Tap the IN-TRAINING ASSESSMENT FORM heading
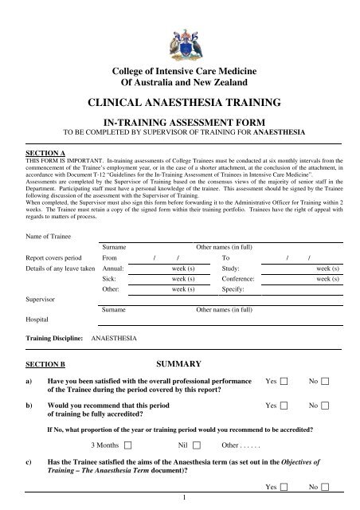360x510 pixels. coord(180,120)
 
